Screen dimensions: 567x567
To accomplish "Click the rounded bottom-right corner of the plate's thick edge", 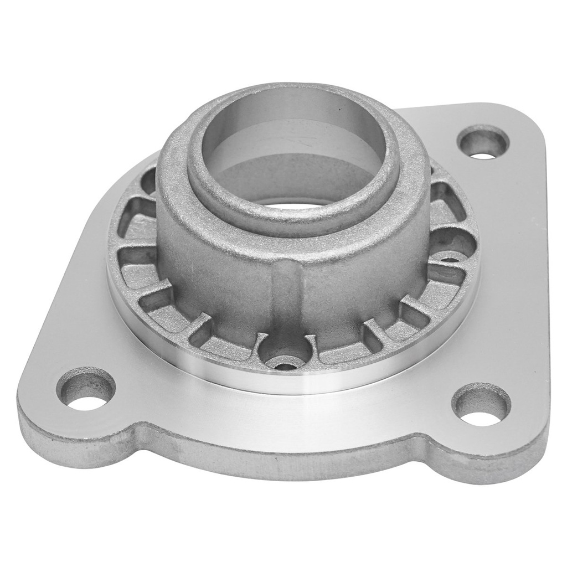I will click(532, 454).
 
